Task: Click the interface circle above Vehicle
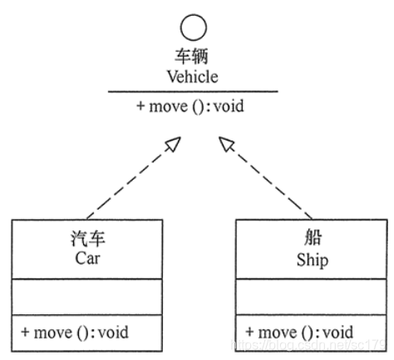194,31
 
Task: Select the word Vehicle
194,77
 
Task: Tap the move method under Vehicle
190,107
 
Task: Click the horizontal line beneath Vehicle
193,92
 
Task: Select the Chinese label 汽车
87,241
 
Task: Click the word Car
87,259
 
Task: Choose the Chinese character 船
312,241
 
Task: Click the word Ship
312,260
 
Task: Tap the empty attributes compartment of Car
86,298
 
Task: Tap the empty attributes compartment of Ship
311,298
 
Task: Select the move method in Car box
76,333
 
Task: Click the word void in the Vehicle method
227,107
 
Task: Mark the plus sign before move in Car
25,333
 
